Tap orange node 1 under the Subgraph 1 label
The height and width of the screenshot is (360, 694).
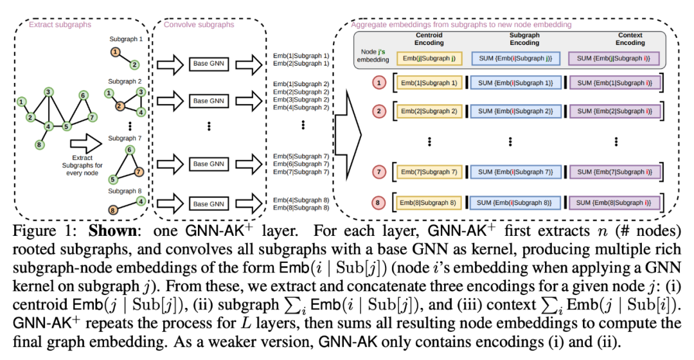pos(114,52)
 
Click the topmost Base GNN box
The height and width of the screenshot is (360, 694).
pos(209,64)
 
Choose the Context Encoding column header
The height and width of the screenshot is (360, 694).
pos(630,39)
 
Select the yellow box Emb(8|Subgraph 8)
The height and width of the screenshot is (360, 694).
pos(429,203)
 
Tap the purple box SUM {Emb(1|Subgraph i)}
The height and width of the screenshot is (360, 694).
pos(614,82)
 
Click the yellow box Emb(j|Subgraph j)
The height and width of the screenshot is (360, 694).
pos(429,58)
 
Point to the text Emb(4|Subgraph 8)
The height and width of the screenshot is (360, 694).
pos(301,200)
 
